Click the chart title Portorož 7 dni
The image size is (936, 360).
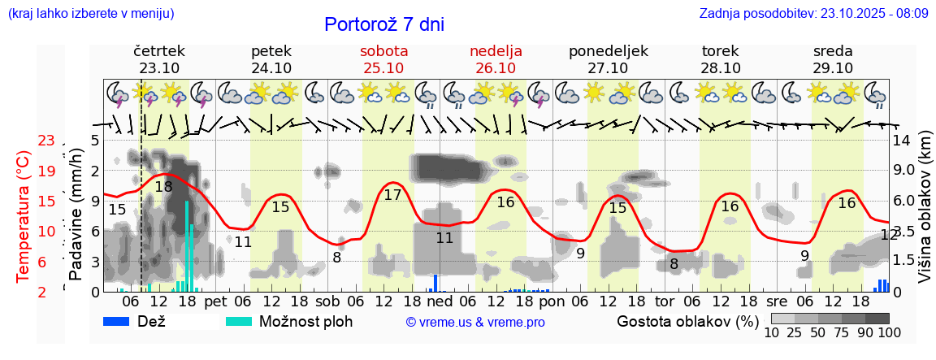pos(384,24)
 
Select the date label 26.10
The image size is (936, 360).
pos(496,68)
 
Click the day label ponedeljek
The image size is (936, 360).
pos(608,51)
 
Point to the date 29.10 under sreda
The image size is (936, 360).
pos(833,68)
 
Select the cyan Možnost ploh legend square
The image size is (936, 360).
pos(239,321)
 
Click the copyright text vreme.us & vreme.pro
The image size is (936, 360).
pos(475,323)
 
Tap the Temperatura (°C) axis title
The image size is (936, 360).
pos(23,216)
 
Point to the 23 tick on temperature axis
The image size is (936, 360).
pos(46,141)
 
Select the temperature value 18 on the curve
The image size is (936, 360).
pos(163,187)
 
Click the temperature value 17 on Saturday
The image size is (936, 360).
pos(392,195)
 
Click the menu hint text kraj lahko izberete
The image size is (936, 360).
pos(90,14)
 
